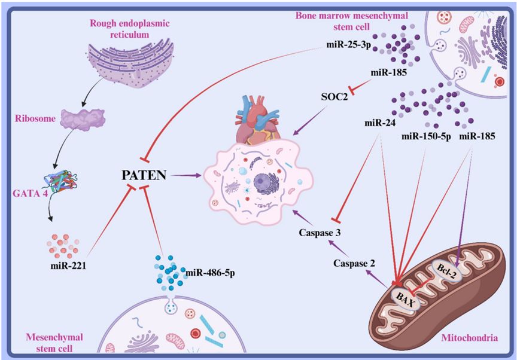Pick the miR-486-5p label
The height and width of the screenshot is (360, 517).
pos(209,273)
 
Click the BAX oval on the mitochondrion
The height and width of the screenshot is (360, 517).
pos(404,294)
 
